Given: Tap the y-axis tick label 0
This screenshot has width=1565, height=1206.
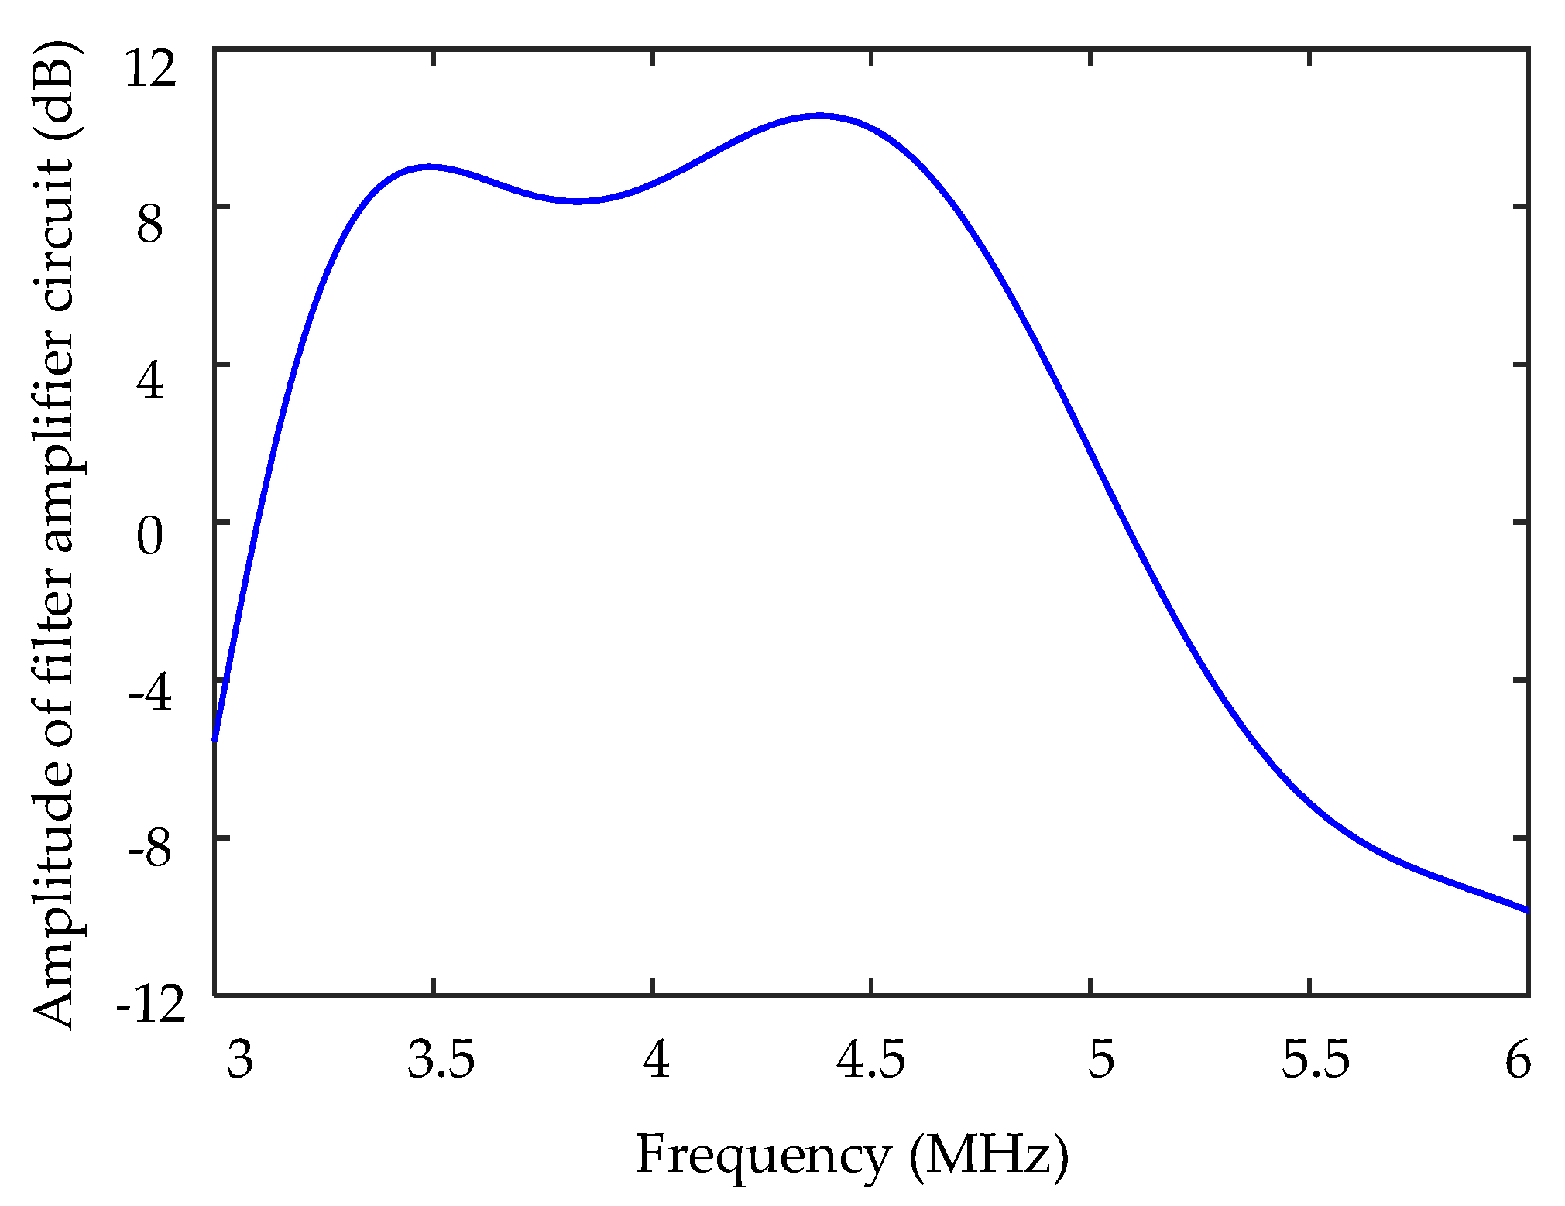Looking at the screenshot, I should [x=150, y=537].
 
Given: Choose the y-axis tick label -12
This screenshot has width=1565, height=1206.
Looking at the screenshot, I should [x=151, y=1008].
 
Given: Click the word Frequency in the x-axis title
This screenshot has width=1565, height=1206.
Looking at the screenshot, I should [x=763, y=1156].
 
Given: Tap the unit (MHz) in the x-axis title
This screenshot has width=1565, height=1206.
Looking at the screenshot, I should [x=989, y=1156].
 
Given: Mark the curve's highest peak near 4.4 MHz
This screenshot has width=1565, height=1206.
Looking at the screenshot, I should [x=820, y=116].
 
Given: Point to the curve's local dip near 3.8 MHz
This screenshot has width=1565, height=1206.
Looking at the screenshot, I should [x=578, y=201].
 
